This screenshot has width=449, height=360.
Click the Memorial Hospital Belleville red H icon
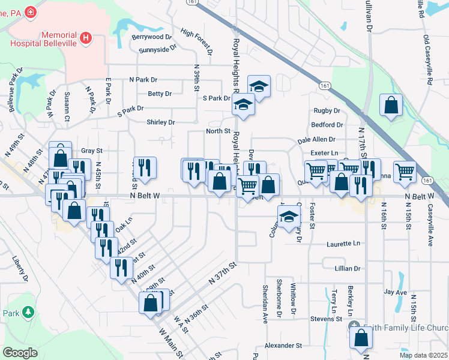coord(86,38)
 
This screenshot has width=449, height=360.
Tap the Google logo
coord(20,353)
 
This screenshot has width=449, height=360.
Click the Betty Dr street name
coord(160,94)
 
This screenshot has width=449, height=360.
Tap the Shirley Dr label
coord(160,122)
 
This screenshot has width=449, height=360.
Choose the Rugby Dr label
coord(327,110)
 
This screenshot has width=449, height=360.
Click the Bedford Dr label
coord(327,125)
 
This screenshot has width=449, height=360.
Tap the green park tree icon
coord(27,312)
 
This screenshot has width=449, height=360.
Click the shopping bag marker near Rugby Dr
coord(391,106)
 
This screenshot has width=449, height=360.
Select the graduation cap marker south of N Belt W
coord(289,217)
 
